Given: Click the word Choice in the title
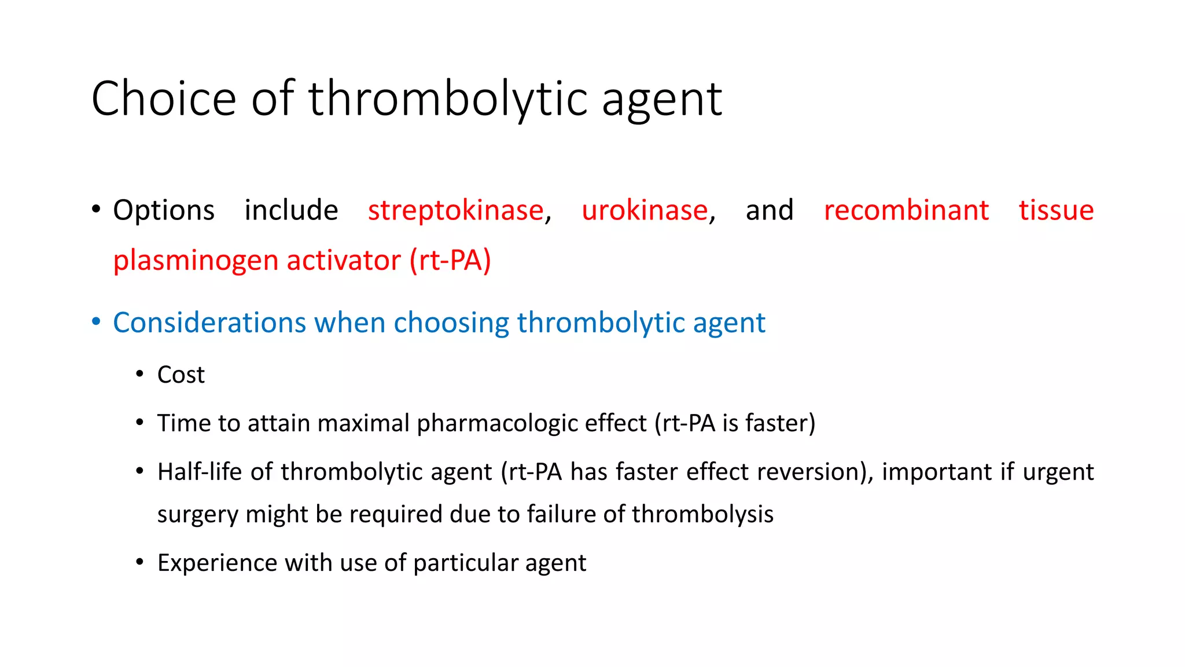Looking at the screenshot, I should [164, 98].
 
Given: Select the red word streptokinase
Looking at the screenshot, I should [456, 210].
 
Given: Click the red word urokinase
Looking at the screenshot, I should [645, 210].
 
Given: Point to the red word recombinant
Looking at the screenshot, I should [906, 210].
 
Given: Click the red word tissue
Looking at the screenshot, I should [1056, 210].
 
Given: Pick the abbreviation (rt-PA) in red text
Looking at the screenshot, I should [450, 260].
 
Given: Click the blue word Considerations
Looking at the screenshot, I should [209, 322].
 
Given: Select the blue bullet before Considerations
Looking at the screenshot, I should [96, 321].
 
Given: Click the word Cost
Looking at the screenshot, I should [181, 375].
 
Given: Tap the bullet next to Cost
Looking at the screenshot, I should [139, 375].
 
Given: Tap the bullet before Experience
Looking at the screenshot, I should [139, 562].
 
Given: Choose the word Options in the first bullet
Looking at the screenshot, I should [164, 211].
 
